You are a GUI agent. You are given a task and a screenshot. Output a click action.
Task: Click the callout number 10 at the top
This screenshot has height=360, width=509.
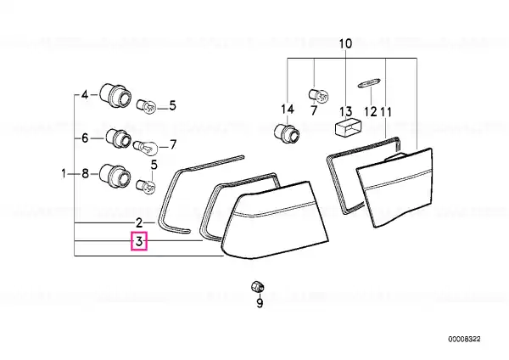point(346,43)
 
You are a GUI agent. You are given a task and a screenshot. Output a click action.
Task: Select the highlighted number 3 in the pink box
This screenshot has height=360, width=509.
point(139,241)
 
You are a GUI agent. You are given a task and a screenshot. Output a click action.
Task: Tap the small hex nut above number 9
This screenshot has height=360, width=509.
point(258,287)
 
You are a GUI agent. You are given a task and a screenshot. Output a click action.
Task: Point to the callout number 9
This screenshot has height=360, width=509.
point(260,303)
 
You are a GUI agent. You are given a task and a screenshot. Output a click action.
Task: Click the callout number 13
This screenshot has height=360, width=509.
point(346,111)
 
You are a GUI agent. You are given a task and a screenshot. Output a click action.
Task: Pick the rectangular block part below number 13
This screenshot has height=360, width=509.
point(347,127)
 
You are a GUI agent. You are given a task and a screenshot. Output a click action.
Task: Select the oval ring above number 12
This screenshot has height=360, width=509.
point(369,82)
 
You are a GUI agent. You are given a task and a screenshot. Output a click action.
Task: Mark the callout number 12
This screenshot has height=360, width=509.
point(371,111)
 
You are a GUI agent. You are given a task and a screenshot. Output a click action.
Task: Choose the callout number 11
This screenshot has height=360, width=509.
point(386,112)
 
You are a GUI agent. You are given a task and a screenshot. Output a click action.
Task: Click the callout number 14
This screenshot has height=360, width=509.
point(288,110)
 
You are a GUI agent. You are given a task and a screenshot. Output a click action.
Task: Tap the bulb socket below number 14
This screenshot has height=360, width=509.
point(287,133)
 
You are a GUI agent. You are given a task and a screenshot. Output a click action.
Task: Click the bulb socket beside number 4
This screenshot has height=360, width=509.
point(115,96)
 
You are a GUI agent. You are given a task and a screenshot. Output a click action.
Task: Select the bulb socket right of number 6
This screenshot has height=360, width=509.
point(119,138)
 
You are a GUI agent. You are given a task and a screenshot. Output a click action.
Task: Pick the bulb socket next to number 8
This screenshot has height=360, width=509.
point(115,176)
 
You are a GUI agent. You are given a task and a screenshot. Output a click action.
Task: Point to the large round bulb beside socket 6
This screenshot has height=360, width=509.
point(146,147)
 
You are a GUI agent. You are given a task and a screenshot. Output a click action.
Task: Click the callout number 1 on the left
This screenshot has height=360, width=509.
point(64,173)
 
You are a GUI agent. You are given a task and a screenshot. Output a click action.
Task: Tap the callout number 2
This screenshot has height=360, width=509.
point(139,223)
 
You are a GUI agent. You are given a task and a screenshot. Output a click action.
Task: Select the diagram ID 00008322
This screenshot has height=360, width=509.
point(464,340)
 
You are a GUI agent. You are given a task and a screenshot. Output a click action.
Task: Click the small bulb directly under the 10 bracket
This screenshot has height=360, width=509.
point(318,95)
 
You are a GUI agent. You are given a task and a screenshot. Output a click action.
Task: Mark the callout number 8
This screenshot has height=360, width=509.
point(85,173)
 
